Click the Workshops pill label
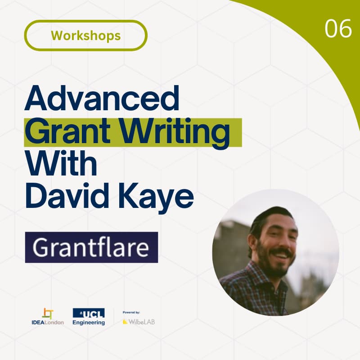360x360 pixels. pos(85,35)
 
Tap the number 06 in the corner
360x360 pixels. pos(338,29)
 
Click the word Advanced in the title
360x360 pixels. pos(102,100)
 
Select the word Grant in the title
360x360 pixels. pos(67,132)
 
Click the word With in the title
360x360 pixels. pos(61,164)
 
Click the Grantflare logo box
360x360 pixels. pos(91,247)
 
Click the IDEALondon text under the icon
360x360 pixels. pos(48,323)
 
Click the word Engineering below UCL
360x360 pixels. pos(89,323)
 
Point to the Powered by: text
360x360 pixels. pos(131,312)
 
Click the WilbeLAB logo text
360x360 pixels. pos(141,322)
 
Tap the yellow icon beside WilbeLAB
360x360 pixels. pos(125,322)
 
